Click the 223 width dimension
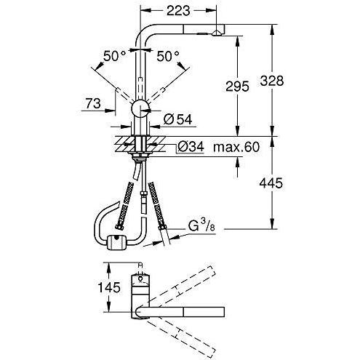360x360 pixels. click(177, 11)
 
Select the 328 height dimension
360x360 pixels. click(272, 81)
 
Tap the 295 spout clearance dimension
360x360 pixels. click(237, 86)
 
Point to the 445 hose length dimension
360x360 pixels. click(271, 183)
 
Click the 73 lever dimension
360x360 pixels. click(93, 103)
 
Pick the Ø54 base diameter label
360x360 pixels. click(177, 119)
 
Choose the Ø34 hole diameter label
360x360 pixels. click(191, 147)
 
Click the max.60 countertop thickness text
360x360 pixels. click(236, 147)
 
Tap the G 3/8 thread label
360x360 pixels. click(201, 226)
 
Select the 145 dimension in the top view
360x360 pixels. click(109, 287)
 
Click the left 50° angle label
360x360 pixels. click(115, 56)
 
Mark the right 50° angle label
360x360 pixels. click(168, 56)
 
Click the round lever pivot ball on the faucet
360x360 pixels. click(140, 108)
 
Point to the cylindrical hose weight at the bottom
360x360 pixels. click(117, 242)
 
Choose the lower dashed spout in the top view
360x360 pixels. click(181, 334)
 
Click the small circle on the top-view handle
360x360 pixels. click(140, 279)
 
